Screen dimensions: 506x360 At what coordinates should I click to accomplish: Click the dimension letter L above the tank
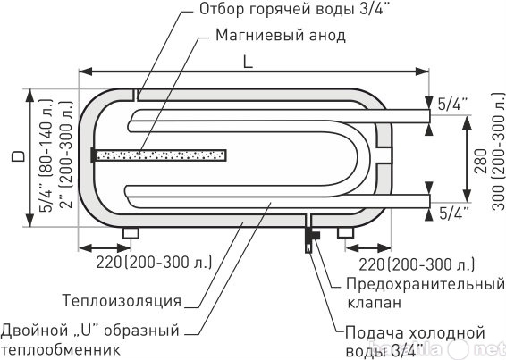pos(248,62)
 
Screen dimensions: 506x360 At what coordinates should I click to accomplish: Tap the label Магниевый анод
pos(280,35)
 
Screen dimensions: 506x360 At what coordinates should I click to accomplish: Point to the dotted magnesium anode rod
pos(161,155)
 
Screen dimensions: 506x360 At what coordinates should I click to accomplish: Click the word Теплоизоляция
pos(122,300)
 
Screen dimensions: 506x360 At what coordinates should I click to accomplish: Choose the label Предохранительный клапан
pos(426,293)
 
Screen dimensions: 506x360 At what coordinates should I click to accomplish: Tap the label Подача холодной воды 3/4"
pos(416,342)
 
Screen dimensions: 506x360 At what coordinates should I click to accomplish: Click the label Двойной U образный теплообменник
pos(89,339)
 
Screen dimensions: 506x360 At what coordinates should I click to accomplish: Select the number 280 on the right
pos(482,162)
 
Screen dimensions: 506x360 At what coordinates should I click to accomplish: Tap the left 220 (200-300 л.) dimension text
pos(154,263)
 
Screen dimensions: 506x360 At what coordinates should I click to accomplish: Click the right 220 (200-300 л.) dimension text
pos(417,264)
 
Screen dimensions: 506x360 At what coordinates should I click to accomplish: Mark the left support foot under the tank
pos(131,233)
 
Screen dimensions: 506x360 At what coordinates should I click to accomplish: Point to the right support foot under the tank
pos(346,232)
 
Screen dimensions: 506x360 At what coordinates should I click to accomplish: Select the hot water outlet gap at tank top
pos(136,95)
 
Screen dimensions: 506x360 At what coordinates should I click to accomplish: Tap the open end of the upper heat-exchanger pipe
pos(430,116)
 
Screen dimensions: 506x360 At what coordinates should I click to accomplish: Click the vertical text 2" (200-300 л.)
pos(66,155)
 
